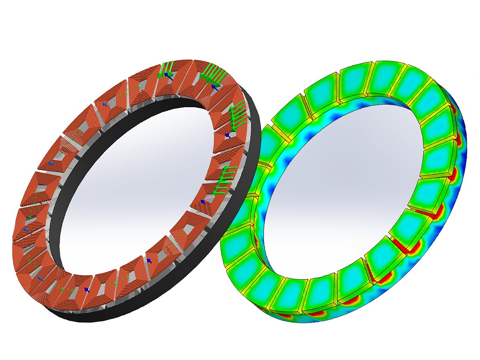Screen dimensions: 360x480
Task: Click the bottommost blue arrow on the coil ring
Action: (86, 289)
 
